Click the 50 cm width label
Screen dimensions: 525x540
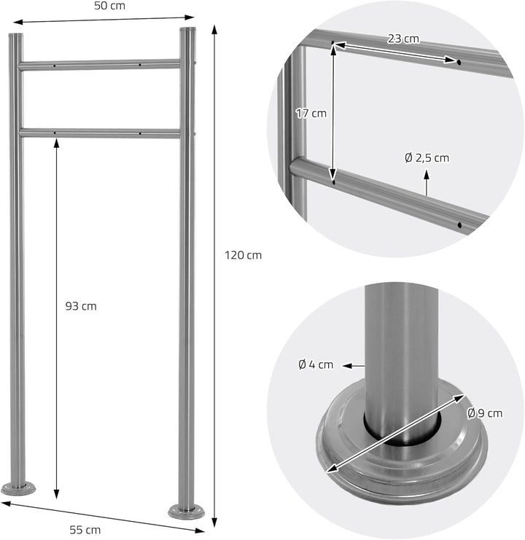click(110, 6)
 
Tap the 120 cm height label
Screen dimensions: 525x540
click(244, 255)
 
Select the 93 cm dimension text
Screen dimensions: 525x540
click(81, 306)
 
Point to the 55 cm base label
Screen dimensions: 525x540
click(85, 530)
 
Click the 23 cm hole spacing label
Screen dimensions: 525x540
click(403, 39)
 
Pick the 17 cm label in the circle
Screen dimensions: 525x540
click(311, 113)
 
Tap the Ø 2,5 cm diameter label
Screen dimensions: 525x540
click(427, 158)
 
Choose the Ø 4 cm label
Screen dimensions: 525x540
click(316, 364)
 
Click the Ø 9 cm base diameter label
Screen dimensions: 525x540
click(485, 413)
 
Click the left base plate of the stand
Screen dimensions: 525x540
click(18, 488)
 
